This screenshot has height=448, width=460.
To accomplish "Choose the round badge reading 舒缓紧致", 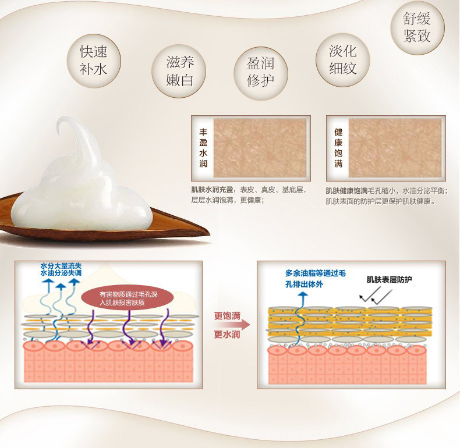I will pyautogui.click(x=416, y=27).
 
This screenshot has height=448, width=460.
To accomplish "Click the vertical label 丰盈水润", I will pyautogui.click(x=203, y=145).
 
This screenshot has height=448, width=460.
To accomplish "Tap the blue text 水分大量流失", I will pyautogui.click(x=61, y=265).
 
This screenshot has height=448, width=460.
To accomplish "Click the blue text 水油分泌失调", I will pyautogui.click(x=61, y=273).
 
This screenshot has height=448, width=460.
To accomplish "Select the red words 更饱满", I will pyautogui.click(x=227, y=316).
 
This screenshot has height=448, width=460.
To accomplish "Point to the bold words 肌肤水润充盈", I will pyautogui.click(x=213, y=190).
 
